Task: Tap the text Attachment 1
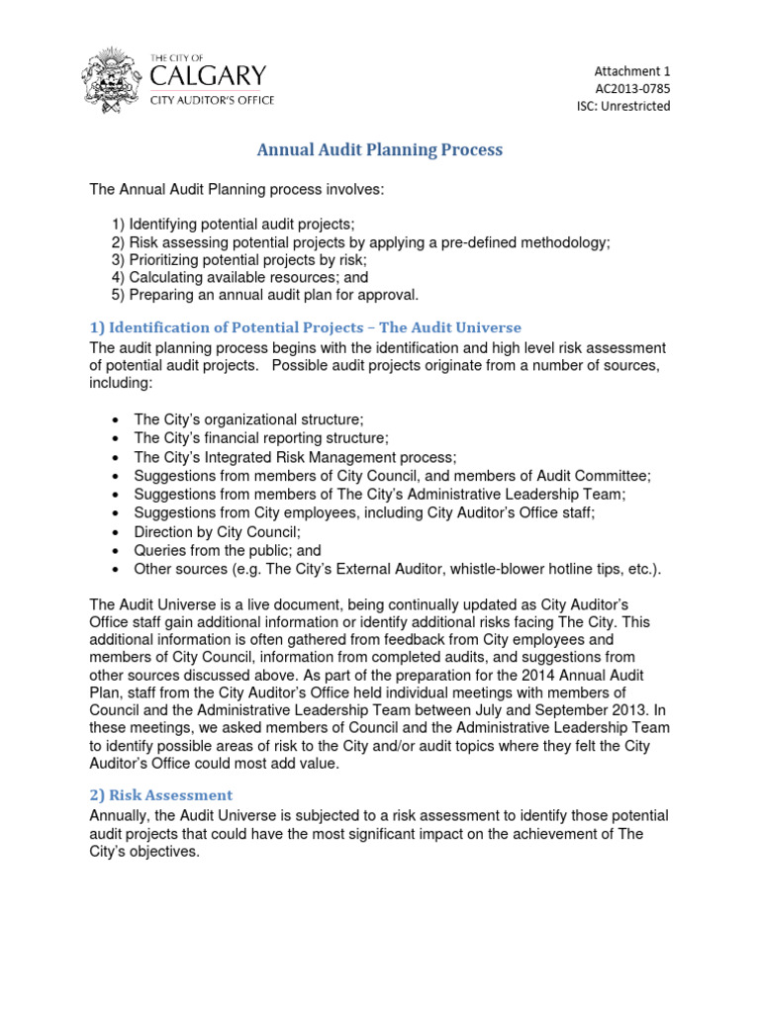[x=631, y=70]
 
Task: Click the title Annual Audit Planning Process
[x=380, y=150]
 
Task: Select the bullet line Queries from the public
[x=227, y=551]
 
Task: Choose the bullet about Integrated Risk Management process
[x=295, y=457]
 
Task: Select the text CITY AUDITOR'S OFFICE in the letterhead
[x=212, y=101]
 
